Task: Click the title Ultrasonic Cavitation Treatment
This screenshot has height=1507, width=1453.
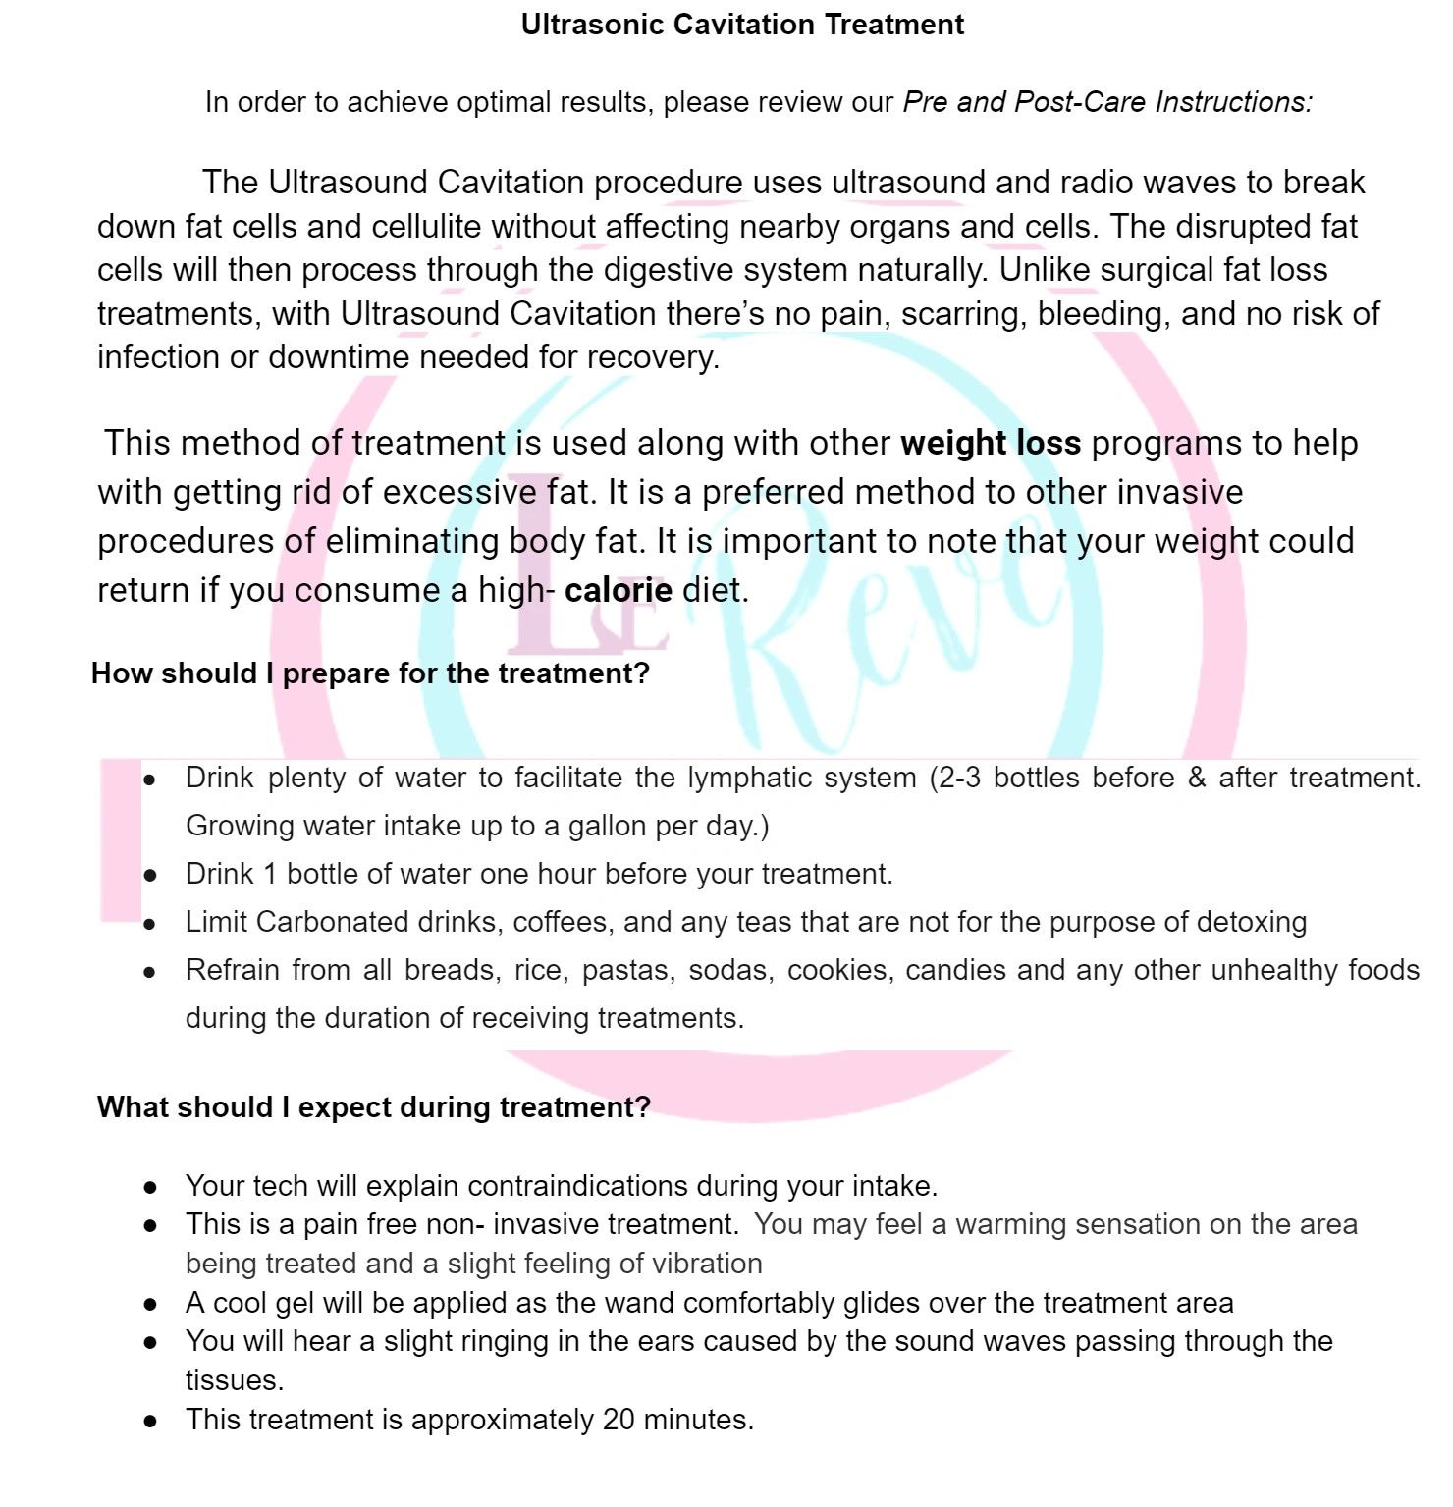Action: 742,25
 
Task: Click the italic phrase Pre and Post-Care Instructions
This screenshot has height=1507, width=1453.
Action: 1106,102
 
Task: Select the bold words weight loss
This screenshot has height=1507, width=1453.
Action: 991,443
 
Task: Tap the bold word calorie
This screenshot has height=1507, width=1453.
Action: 619,590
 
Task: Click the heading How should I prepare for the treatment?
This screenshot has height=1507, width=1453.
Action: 370,673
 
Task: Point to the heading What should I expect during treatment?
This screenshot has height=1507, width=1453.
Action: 373,1107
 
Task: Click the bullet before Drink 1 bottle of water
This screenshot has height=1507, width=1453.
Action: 150,875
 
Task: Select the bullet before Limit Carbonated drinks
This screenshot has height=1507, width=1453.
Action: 150,923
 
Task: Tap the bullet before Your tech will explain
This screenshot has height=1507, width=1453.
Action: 150,1187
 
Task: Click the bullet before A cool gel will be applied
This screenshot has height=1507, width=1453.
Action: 150,1304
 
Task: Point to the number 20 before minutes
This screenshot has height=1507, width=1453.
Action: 619,1420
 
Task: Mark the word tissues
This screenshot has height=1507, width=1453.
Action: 234,1380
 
